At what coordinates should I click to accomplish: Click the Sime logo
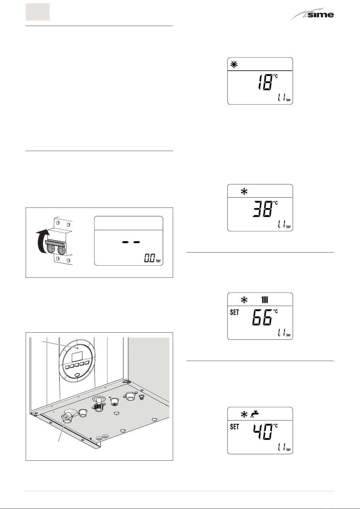(312, 15)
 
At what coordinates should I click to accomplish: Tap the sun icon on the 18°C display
(234, 65)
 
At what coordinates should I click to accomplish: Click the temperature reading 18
(265, 82)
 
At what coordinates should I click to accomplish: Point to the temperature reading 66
(262, 317)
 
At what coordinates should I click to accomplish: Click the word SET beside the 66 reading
(234, 312)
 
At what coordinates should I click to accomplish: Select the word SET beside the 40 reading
(234, 427)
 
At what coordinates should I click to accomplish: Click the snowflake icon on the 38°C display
(244, 192)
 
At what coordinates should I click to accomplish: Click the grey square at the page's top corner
(37, 12)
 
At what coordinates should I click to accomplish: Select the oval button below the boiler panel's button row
(77, 374)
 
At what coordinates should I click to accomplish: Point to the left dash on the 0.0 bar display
(125, 242)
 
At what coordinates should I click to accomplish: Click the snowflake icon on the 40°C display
(244, 414)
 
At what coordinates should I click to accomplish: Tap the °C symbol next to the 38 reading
(275, 203)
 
